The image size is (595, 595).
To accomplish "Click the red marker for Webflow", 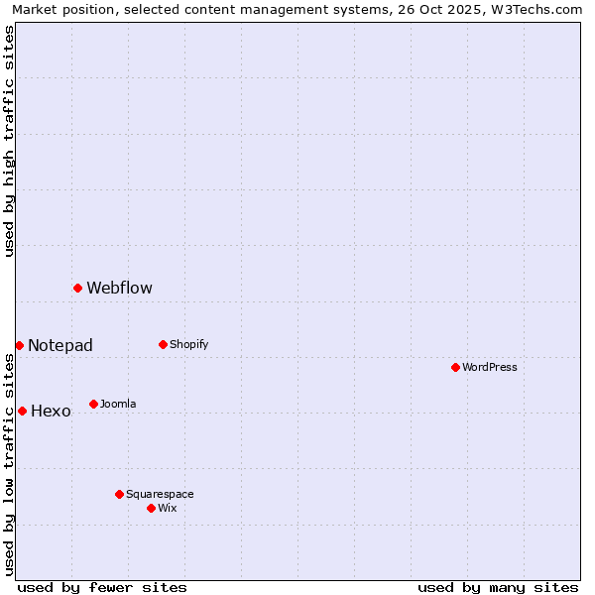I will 77,288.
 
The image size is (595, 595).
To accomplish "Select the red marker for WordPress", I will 455,367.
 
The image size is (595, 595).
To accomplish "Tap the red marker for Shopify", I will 163,344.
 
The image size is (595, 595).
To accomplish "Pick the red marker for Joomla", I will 93,404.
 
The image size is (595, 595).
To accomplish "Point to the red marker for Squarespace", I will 119,494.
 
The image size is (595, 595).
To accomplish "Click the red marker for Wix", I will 151,508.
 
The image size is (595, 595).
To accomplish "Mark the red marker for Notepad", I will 19,345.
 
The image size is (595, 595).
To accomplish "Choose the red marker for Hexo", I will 22,411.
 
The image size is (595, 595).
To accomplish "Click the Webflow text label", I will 119,289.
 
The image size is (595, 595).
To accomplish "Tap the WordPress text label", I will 490,368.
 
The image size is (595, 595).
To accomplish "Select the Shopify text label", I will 188,345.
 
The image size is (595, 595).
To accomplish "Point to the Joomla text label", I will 118,405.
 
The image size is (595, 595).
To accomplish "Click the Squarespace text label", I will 160,495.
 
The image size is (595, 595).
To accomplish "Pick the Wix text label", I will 168,509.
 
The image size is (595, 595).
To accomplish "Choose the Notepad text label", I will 60,346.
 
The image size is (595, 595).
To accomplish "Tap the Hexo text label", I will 51,412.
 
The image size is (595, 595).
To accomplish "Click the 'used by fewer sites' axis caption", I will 102,587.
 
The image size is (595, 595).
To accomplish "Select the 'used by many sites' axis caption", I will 498,587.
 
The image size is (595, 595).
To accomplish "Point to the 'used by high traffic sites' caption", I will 9,141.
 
